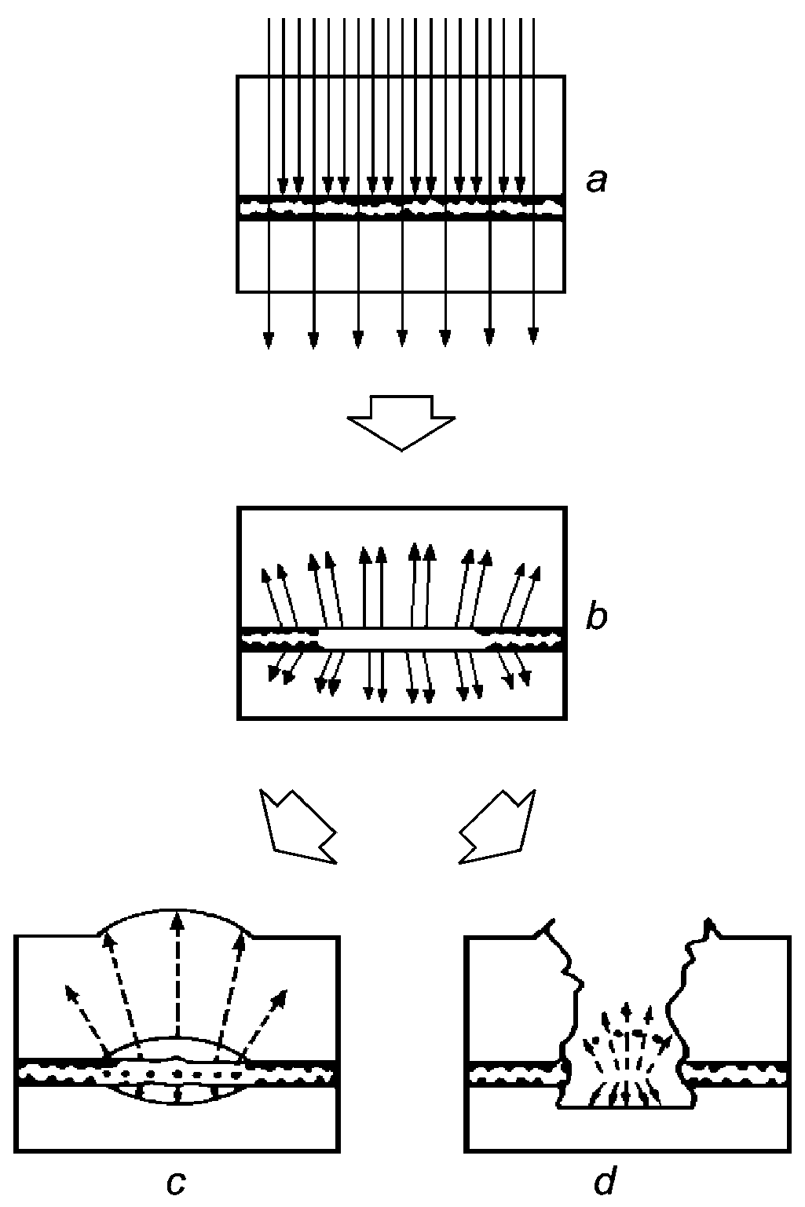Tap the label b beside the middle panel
point(597,617)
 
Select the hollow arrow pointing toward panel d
point(498,827)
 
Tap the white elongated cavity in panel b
point(401,638)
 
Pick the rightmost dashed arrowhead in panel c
point(280,997)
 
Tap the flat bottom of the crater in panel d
point(624,1107)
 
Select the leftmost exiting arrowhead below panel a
point(269,339)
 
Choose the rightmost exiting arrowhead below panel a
point(533,336)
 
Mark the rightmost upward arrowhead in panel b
point(538,571)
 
